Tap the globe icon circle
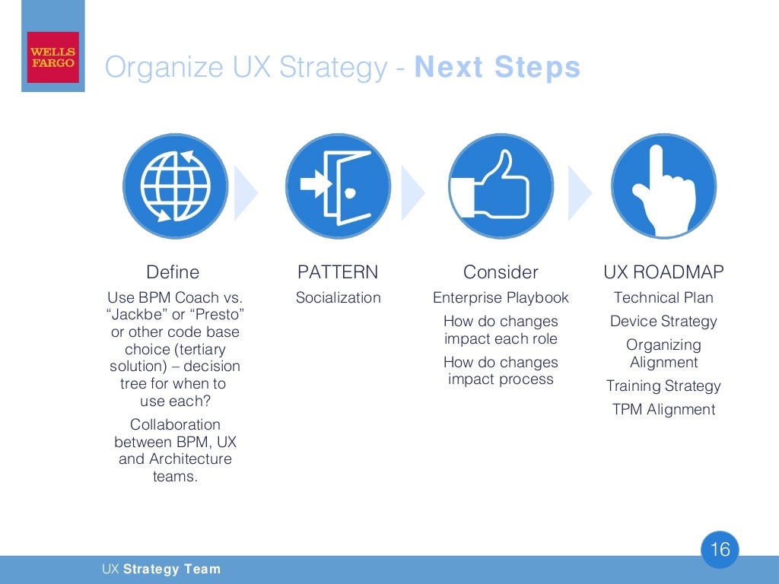click(175, 186)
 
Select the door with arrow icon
click(338, 186)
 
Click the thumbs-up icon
click(501, 186)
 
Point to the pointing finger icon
click(663, 186)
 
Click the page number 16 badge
click(719, 549)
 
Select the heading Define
click(173, 272)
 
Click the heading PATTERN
click(338, 272)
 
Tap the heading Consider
click(501, 272)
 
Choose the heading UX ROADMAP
click(663, 272)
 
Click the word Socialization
click(338, 297)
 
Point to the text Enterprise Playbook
click(501, 297)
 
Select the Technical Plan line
click(663, 297)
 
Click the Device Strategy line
click(663, 321)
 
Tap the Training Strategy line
click(663, 386)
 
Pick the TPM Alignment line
click(663, 409)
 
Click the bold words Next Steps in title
click(498, 68)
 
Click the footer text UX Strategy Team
click(161, 569)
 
